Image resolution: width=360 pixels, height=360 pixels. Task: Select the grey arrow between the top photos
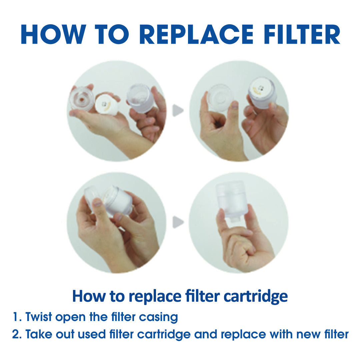178,111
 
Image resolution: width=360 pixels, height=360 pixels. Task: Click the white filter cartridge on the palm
107,104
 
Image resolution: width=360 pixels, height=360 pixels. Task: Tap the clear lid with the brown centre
82,99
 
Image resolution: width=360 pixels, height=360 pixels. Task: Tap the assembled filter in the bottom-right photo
232,199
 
